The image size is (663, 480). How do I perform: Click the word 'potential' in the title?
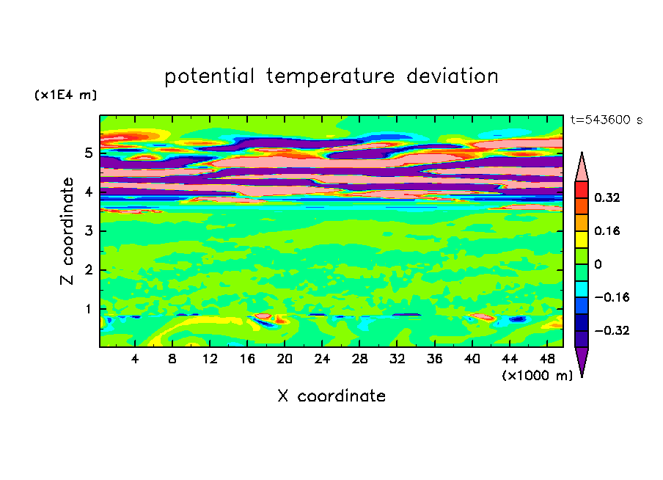click(209, 77)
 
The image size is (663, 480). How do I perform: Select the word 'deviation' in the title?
click(453, 76)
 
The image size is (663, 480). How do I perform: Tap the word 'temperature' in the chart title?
click(331, 77)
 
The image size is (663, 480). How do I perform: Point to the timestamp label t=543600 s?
click(607, 120)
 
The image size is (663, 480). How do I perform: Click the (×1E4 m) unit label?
click(65, 95)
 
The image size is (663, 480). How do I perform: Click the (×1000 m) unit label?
click(538, 376)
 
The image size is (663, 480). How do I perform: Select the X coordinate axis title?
click(332, 396)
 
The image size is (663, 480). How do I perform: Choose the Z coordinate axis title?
click(67, 231)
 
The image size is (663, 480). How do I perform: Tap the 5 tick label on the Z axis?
click(88, 153)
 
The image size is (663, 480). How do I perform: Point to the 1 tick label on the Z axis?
click(88, 309)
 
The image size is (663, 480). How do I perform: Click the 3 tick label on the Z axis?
click(88, 231)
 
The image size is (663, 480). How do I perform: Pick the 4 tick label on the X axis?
click(135, 359)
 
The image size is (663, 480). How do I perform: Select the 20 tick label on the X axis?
click(285, 359)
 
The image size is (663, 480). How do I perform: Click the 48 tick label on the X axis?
click(547, 359)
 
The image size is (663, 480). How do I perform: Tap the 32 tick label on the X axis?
click(397, 359)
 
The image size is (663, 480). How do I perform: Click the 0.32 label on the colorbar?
click(607, 197)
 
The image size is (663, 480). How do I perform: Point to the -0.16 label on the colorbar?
click(612, 297)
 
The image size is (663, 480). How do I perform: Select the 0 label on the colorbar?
click(598, 264)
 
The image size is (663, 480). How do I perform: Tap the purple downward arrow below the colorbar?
click(582, 360)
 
